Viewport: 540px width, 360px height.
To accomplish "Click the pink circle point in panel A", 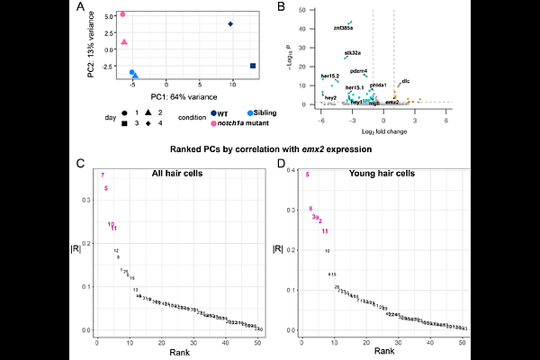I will coord(123,14).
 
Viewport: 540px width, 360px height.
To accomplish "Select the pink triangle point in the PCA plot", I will coord(124,41).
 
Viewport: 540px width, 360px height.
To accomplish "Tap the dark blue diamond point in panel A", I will coord(231,24).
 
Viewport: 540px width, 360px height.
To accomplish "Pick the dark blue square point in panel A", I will coord(253,66).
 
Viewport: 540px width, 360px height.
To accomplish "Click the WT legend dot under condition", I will coord(213,113).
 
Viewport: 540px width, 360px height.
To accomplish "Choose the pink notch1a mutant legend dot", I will coord(213,122).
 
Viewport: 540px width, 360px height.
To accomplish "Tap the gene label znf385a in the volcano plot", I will coord(343,28).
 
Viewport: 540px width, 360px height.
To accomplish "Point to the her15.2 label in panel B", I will coord(330,76).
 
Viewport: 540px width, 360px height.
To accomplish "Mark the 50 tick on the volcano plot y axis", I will coord(308,10).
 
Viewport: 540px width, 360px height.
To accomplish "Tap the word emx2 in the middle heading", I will coord(320,147).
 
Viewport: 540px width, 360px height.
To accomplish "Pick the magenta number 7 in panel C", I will coord(103,175).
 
